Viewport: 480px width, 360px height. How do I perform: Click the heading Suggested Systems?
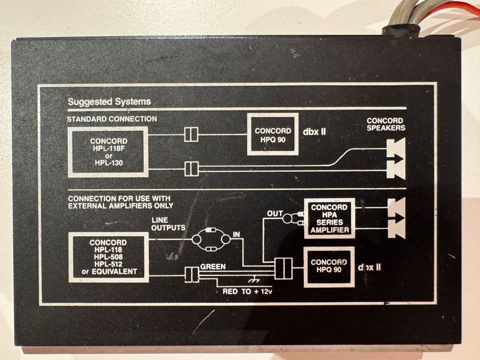coord(109,102)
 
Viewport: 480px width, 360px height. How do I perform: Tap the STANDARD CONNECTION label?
coord(112,119)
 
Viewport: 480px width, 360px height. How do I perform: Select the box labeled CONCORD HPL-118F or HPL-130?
coord(108,152)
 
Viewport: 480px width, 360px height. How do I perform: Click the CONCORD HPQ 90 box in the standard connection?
coord(272,134)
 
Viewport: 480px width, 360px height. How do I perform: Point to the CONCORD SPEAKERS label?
coord(385,124)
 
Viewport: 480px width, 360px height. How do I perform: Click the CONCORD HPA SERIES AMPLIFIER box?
coord(329,218)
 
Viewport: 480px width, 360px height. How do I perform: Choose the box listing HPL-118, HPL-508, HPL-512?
coord(108,257)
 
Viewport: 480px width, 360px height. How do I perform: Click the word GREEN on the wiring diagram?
coord(212,267)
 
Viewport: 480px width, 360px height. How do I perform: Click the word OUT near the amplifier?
coord(275,213)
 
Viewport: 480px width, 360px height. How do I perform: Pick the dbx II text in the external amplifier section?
coord(369,266)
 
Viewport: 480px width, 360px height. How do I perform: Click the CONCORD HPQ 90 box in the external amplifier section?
coord(329,266)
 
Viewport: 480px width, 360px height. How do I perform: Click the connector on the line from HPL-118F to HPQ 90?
coord(191,134)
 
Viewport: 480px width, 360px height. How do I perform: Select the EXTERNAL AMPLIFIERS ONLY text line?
coord(120,205)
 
